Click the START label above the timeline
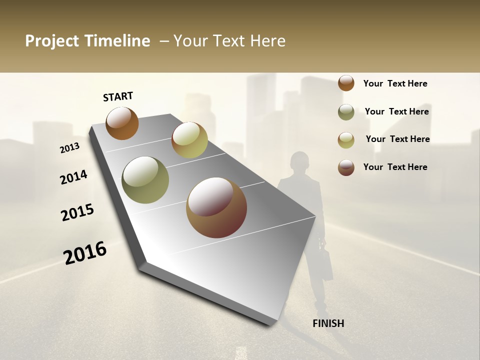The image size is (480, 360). click(118, 96)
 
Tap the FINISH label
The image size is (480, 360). click(328, 323)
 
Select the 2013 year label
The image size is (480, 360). click(69, 147)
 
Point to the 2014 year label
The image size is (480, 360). click(73, 177)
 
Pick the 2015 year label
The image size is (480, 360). click(77, 212)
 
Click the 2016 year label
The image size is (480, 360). click(85, 253)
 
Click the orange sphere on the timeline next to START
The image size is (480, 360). click(122, 123)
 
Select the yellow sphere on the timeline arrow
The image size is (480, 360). click(189, 140)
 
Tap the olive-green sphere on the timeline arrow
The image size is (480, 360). click(145, 180)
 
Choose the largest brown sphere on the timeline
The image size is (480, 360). click(216, 207)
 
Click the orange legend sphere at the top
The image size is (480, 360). click(346, 83)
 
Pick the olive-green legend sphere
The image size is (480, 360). click(346, 112)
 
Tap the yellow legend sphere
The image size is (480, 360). click(346, 140)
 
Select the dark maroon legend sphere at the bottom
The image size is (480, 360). click(346, 167)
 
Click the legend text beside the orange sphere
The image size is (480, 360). click(395, 84)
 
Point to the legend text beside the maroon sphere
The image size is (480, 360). click(395, 167)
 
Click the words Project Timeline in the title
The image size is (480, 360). click(87, 41)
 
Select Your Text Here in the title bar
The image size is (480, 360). click(229, 41)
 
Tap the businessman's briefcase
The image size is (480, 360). click(326, 264)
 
